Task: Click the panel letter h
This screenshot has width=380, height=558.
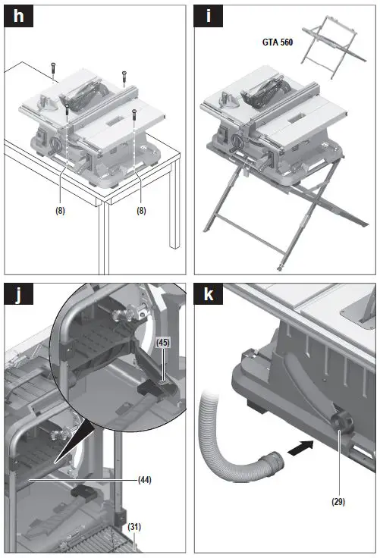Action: click(x=18, y=17)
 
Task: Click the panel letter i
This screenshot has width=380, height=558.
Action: click(x=209, y=17)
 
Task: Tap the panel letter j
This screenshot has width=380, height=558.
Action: click(x=18, y=295)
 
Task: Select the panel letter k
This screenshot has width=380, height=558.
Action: click(x=209, y=294)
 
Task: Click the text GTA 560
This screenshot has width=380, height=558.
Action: click(x=278, y=42)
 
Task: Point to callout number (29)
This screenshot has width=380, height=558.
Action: click(x=338, y=501)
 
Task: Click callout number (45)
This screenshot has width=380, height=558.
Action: click(x=163, y=343)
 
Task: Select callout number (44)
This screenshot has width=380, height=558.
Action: click(x=145, y=480)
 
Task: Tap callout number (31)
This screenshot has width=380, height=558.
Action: click(x=134, y=526)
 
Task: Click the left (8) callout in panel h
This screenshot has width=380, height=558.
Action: click(x=60, y=211)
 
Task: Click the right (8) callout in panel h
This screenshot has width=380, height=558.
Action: click(x=141, y=211)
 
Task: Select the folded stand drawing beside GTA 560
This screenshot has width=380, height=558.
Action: click(x=333, y=47)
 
